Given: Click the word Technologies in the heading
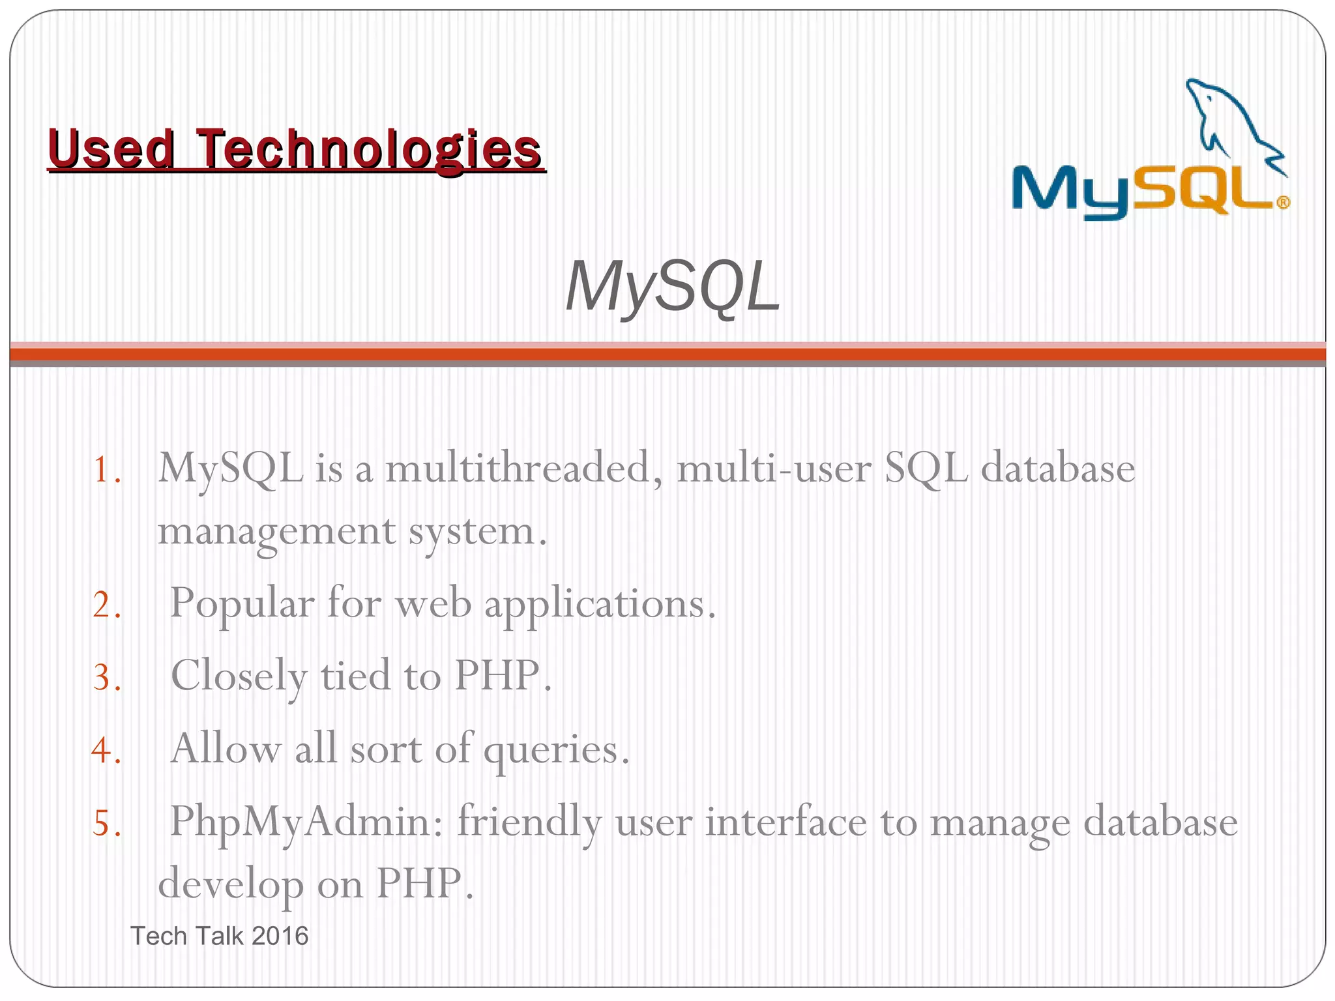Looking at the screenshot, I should (368, 150).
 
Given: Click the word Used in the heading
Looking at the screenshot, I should (111, 150).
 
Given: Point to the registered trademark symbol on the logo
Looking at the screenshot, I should (1282, 203).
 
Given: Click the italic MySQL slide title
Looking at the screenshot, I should (671, 287).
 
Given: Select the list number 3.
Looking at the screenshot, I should (106, 677).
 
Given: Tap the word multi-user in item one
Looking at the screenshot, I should (773, 469).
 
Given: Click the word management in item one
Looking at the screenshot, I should (276, 532).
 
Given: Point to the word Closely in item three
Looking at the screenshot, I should (238, 677).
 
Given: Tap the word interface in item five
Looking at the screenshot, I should (785, 822).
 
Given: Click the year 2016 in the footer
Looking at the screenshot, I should (280, 936).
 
